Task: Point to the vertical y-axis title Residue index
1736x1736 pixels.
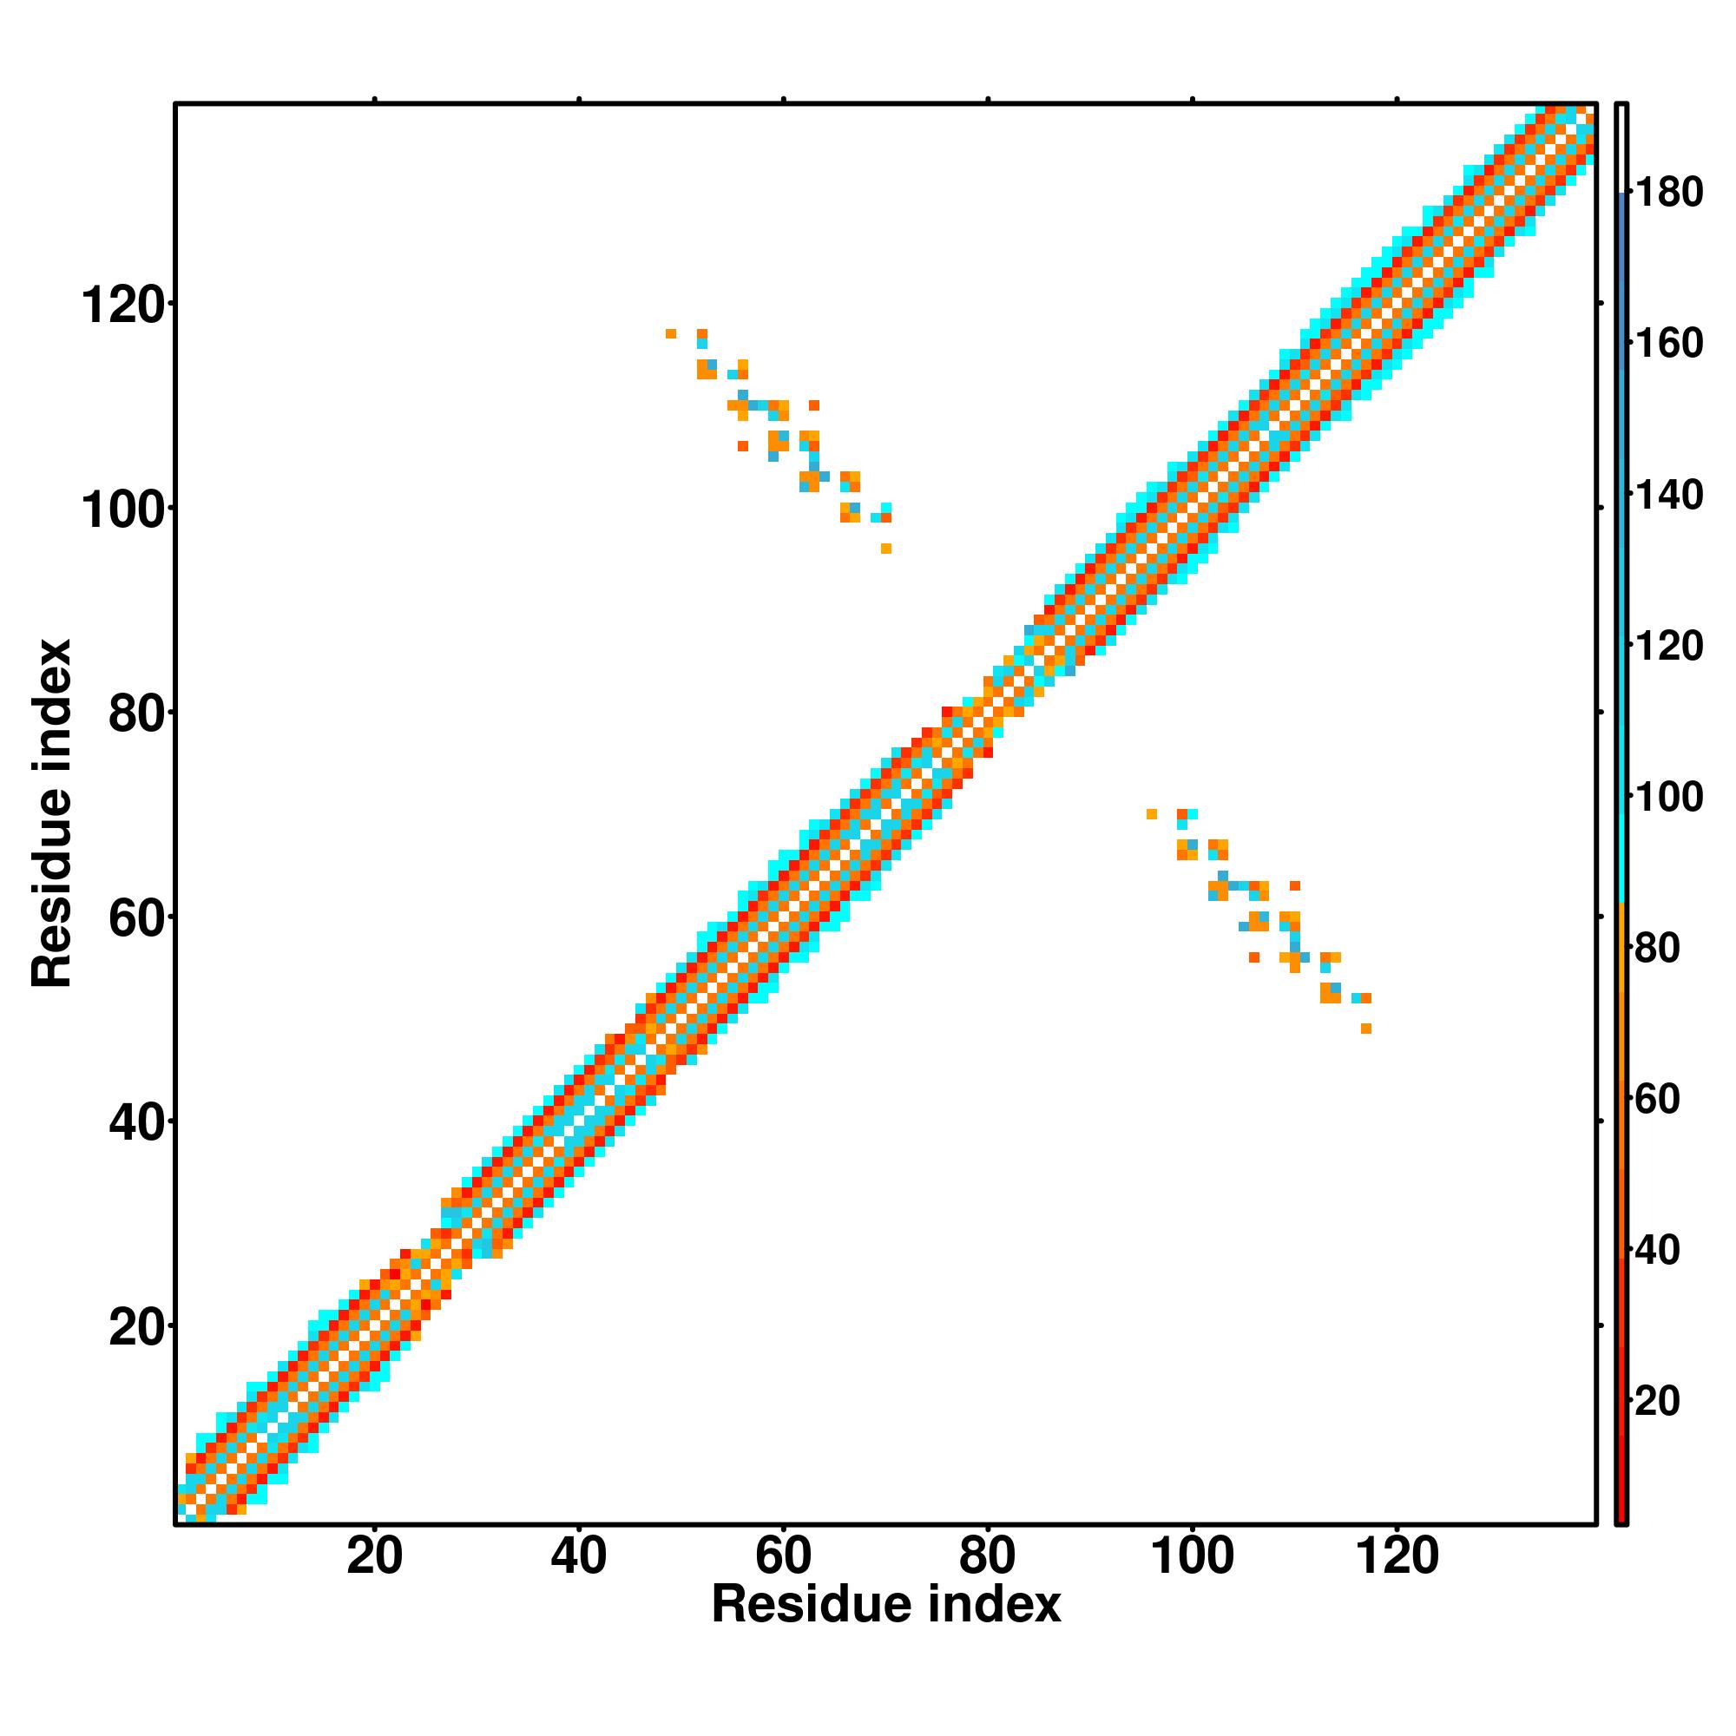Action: click(51, 813)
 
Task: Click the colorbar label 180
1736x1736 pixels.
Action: click(1668, 193)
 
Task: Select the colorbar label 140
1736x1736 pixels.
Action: click(1668, 495)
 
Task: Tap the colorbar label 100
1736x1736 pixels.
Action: click(1668, 797)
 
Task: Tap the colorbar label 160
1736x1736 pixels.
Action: click(1668, 343)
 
